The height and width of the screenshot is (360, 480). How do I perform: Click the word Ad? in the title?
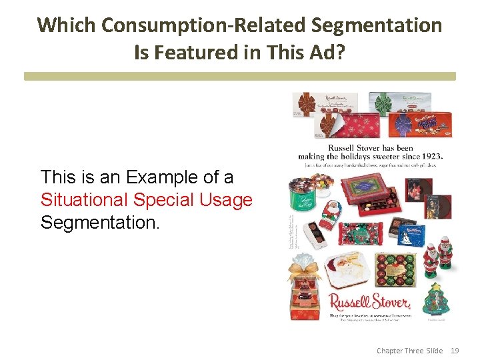click(x=327, y=53)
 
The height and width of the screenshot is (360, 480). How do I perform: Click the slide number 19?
click(x=455, y=350)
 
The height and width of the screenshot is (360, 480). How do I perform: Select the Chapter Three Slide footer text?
click(x=409, y=350)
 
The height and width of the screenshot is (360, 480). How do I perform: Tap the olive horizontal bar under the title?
click(x=240, y=77)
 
